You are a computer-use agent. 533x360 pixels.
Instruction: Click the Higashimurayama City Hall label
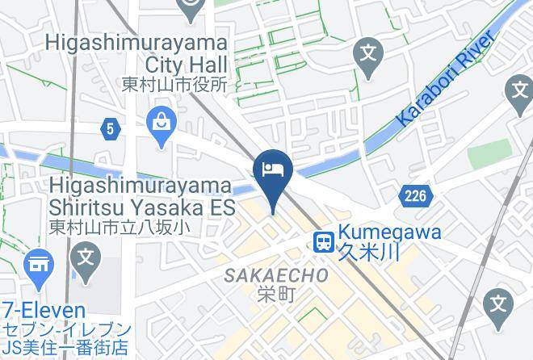pyautogui.click(x=138, y=52)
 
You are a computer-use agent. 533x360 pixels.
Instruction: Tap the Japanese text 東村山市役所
pyautogui.click(x=174, y=84)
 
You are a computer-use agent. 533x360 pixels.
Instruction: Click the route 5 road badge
pyautogui.click(x=110, y=128)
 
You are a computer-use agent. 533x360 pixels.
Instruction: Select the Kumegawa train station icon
pyautogui.click(x=324, y=241)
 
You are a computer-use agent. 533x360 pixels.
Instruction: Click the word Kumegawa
pyautogui.click(x=390, y=232)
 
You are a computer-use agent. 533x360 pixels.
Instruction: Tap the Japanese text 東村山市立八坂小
pyautogui.click(x=120, y=228)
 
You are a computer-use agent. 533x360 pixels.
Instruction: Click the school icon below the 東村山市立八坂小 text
pyautogui.click(x=85, y=259)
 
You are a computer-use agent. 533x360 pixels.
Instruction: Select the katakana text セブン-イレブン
pyautogui.click(x=66, y=330)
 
